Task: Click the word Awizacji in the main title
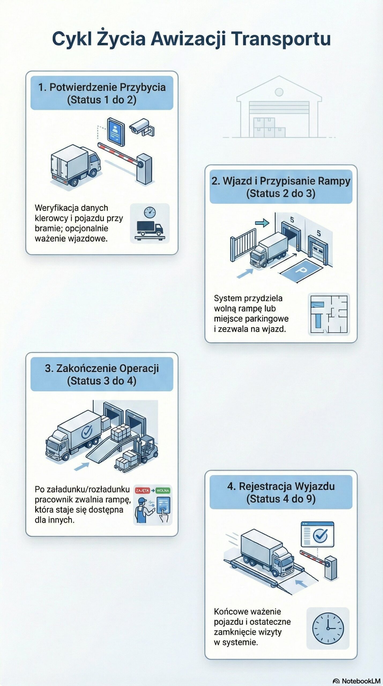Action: click(188, 39)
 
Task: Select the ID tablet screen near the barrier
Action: click(116, 132)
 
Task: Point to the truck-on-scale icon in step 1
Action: click(150, 223)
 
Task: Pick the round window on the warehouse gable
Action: click(279, 92)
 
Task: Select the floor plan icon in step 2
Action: click(329, 314)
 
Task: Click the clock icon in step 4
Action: click(328, 628)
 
